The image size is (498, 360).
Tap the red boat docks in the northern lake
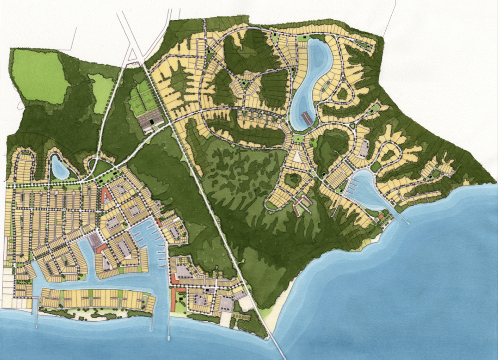[306, 118]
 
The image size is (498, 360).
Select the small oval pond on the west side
[59, 167]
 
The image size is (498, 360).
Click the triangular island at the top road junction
[133, 56]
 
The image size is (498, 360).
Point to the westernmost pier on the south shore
[37, 315]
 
